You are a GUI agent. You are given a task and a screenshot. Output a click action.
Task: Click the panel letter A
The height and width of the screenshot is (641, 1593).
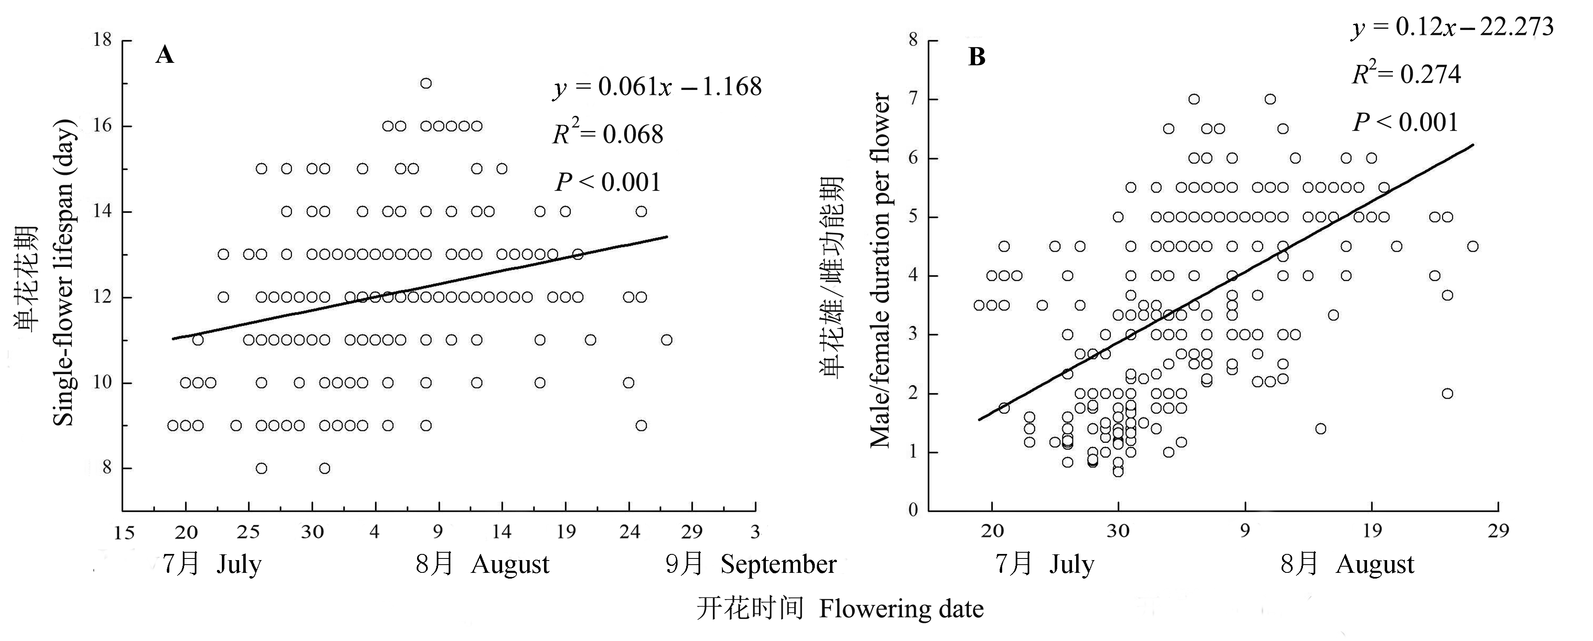(x=164, y=55)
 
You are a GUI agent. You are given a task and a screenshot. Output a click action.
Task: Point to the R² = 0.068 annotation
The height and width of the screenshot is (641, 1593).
(x=608, y=134)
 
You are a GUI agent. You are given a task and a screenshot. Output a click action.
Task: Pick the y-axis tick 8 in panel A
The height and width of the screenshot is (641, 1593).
(x=107, y=468)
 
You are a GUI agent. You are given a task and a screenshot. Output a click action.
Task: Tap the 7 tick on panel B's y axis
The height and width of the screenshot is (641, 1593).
(x=913, y=99)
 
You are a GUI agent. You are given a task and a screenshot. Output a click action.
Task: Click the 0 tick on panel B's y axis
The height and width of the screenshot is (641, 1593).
(x=913, y=510)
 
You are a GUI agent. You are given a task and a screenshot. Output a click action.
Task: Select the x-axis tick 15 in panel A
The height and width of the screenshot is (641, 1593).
(x=124, y=532)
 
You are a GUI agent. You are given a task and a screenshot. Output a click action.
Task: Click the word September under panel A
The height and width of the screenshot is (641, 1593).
(x=778, y=564)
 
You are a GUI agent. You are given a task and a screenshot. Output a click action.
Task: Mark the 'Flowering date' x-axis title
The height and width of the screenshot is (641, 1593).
(x=901, y=609)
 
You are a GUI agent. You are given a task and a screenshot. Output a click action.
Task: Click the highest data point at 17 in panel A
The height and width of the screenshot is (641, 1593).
(x=425, y=83)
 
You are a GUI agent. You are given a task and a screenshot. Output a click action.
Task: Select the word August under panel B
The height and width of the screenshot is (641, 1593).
(x=1375, y=564)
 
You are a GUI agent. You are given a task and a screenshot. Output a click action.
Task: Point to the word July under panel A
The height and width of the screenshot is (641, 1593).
(x=239, y=564)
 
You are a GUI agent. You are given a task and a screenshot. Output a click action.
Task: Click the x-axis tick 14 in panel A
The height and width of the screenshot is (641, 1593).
(x=502, y=532)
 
